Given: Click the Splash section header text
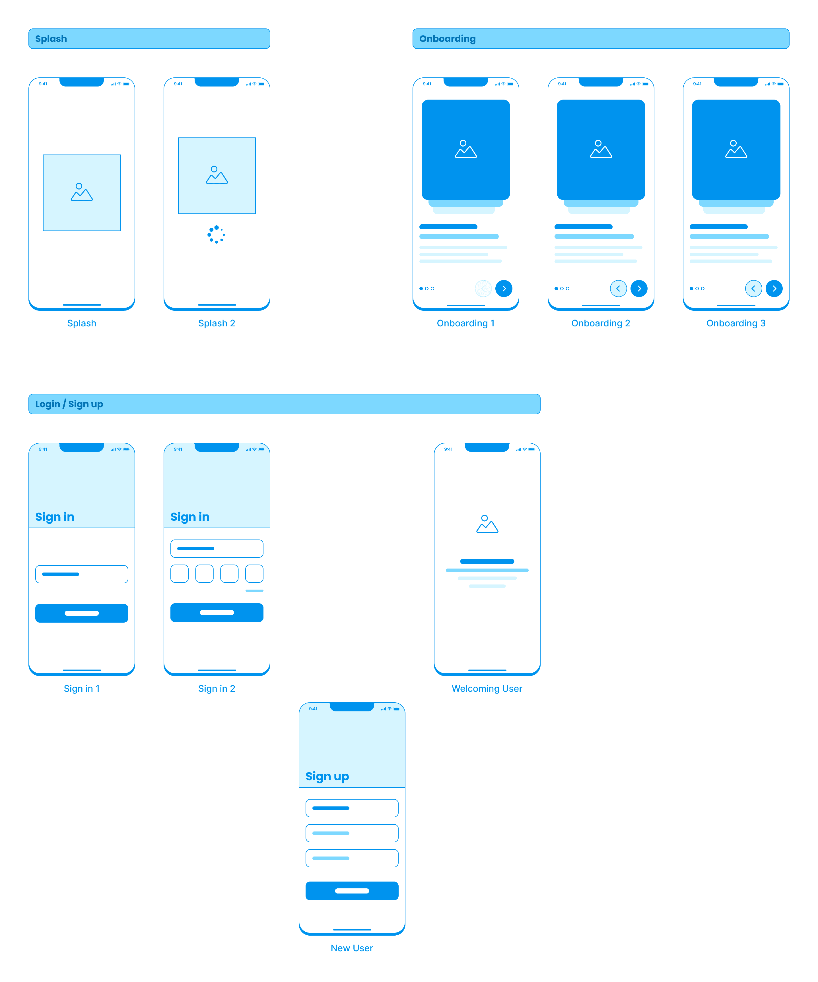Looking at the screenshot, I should pos(51,39).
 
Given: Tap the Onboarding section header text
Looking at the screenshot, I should pos(447,39).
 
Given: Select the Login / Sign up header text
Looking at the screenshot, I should pos(69,404).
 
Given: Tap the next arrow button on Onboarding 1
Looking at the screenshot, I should pos(504,289).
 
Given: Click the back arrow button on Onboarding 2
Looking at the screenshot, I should pos(618,289).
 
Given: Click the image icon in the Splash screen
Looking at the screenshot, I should pos(82,192).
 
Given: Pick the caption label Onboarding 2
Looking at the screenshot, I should pos(601,323).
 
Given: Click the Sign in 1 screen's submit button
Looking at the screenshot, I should pos(82,613).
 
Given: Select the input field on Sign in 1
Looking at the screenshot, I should pos(82,574).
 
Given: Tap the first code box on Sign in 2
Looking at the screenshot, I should pos(180,574).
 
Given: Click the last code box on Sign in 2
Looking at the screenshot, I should pos(254,574).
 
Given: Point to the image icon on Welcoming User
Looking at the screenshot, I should pos(487,524).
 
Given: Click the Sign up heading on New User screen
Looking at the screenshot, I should pos(327,776).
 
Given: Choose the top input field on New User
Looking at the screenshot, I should pos(352,808).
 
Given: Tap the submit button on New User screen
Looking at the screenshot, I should pos(352,891).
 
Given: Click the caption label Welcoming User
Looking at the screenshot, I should pos(487,688).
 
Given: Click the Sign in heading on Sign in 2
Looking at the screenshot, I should pos(189,517).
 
